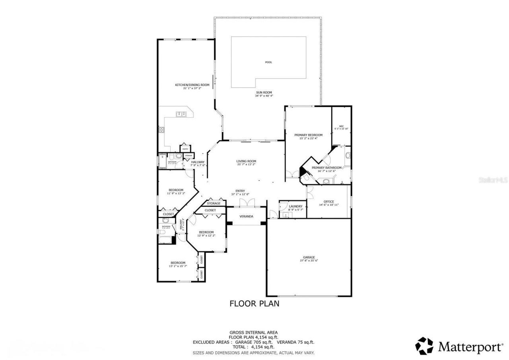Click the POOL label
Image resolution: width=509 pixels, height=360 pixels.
click(269, 62)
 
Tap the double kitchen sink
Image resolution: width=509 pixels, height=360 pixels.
click(181, 114)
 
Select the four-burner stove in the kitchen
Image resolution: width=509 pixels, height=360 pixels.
click(162, 129)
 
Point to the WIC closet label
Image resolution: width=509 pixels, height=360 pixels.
click(341, 126)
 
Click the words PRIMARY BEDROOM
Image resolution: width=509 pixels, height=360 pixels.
click(308, 135)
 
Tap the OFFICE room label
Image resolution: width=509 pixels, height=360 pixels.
click(329, 202)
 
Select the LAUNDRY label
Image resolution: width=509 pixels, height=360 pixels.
click(295, 206)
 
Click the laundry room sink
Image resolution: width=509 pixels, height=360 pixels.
click(284, 215)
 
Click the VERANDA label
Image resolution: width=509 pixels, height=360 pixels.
click(246, 216)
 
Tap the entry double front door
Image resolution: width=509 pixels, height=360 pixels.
click(247, 203)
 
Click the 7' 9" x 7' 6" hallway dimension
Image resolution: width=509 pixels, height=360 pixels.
click(198, 165)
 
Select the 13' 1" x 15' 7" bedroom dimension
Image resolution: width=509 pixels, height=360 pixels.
click(178, 266)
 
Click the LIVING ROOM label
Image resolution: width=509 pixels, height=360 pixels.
click(246, 161)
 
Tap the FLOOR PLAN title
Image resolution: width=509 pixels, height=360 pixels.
click(254, 304)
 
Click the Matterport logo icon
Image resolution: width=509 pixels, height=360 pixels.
click(424, 346)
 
